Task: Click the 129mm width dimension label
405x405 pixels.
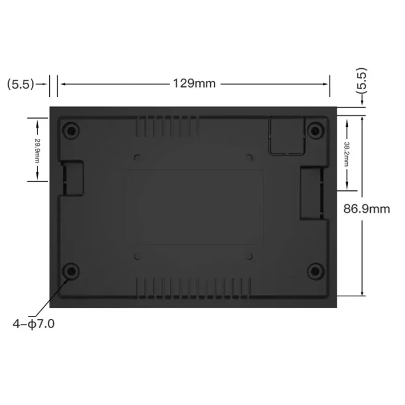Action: [x=194, y=83]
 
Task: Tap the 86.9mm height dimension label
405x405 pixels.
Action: [x=366, y=209]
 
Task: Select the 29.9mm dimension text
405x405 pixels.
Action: [x=37, y=151]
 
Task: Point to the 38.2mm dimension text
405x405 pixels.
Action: [x=347, y=154]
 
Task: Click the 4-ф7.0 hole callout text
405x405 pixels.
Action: [x=34, y=324]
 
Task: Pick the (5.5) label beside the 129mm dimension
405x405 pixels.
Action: [x=20, y=84]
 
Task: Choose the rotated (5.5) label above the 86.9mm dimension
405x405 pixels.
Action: [x=362, y=80]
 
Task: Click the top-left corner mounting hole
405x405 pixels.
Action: [x=71, y=131]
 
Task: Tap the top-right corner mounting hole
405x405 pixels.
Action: [x=315, y=131]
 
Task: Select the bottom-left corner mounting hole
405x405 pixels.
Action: [x=71, y=271]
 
